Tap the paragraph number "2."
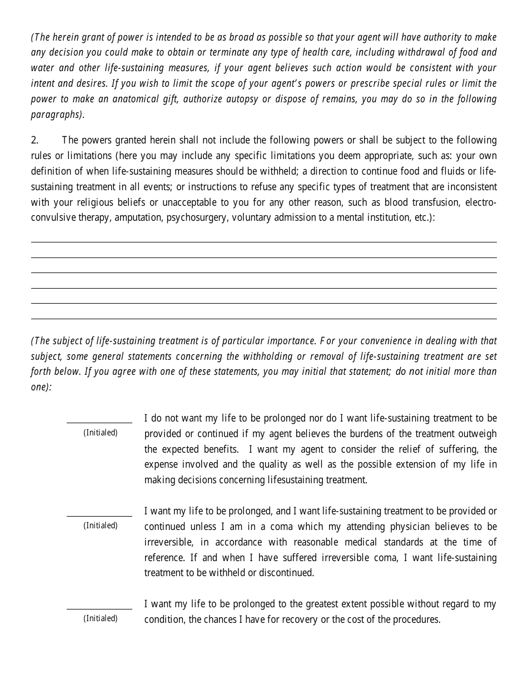click(x=34, y=140)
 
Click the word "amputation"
click(x=139, y=217)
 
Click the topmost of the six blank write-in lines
click(x=263, y=242)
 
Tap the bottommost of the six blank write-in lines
click(x=263, y=319)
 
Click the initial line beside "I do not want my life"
click(x=99, y=423)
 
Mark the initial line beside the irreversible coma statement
click(x=99, y=516)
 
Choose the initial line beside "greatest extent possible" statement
click(x=99, y=609)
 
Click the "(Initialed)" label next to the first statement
click(x=101, y=433)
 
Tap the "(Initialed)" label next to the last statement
click(x=101, y=618)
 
